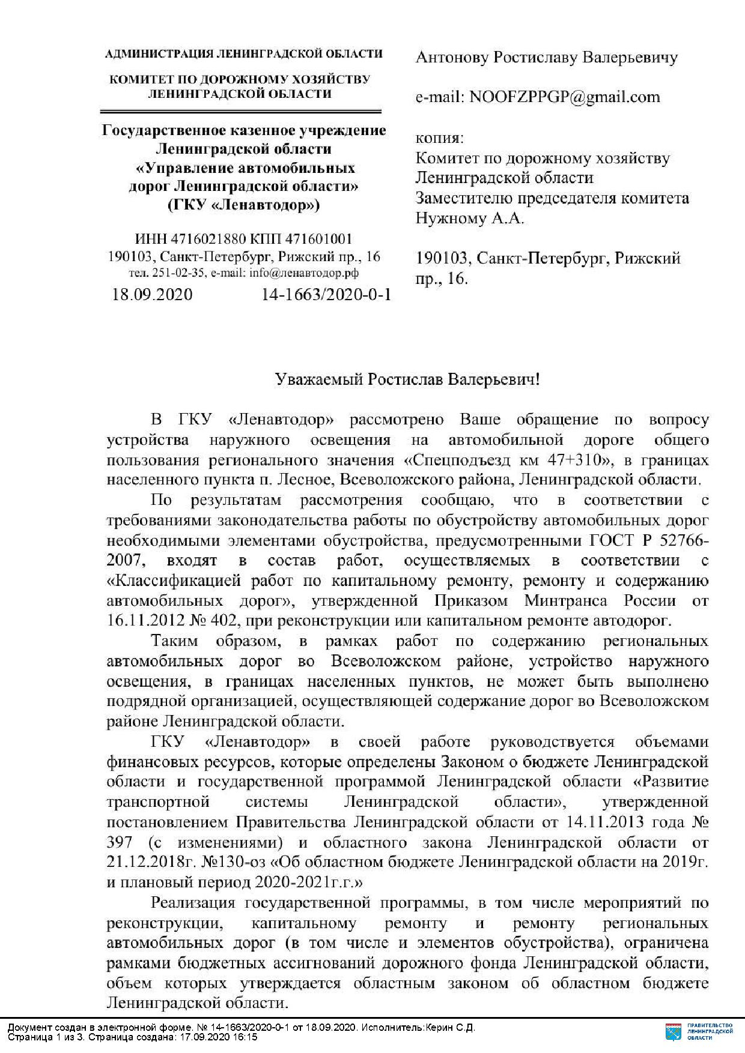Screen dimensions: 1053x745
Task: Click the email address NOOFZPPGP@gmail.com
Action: tap(564, 97)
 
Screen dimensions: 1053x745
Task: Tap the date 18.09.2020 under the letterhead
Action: tap(152, 295)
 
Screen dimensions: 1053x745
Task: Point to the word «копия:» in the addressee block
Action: tap(440, 139)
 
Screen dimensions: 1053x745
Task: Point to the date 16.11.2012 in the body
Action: tap(141, 620)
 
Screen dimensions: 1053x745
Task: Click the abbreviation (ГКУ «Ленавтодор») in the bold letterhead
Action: tap(243, 206)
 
